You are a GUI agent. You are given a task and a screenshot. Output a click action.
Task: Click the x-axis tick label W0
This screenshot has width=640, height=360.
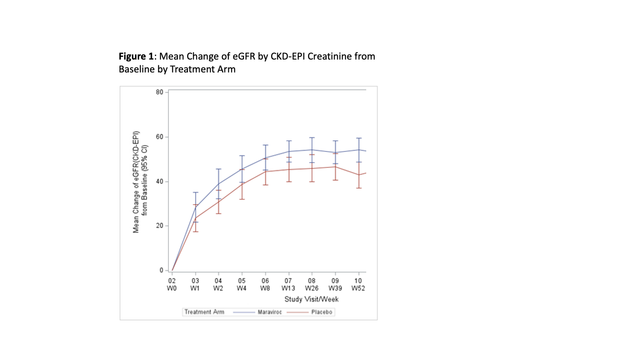click(172, 288)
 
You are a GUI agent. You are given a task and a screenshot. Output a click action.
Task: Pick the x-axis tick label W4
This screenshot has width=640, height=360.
click(242, 288)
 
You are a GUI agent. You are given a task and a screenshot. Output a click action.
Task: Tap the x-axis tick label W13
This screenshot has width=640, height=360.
click(288, 288)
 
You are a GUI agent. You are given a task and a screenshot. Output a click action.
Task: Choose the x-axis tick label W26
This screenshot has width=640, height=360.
click(312, 288)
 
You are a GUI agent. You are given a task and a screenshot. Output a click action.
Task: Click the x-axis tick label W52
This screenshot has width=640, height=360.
click(358, 288)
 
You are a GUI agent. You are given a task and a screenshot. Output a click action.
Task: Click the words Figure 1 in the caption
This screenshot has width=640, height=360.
click(136, 56)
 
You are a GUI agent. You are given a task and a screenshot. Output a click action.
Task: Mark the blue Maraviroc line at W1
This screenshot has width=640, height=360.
click(195, 208)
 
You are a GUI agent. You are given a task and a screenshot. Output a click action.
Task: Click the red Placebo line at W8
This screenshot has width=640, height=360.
click(265, 171)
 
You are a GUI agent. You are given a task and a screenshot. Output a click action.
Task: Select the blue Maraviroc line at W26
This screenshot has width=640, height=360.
click(312, 150)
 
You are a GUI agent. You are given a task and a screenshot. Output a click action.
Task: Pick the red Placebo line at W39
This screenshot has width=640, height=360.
click(335, 167)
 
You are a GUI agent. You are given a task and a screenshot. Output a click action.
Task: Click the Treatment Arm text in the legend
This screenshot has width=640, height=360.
click(205, 312)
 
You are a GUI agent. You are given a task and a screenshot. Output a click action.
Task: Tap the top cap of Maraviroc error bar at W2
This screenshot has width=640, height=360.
click(218, 169)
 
